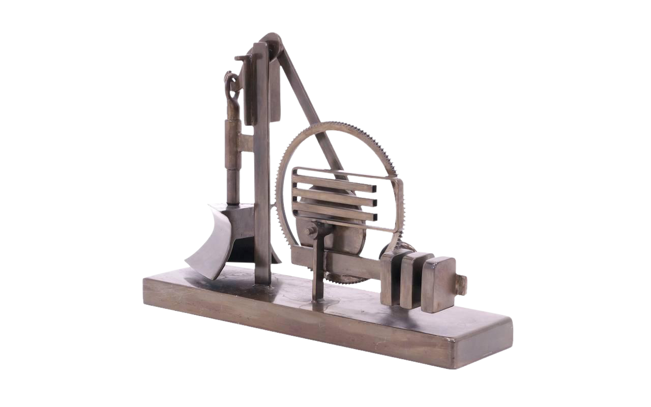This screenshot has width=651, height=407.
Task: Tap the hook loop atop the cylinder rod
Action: [x=232, y=84]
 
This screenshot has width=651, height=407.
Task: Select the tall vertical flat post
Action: [x=262, y=168]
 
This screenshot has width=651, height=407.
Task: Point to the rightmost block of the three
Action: [x=438, y=283]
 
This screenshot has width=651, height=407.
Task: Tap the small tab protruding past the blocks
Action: [x=461, y=284]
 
